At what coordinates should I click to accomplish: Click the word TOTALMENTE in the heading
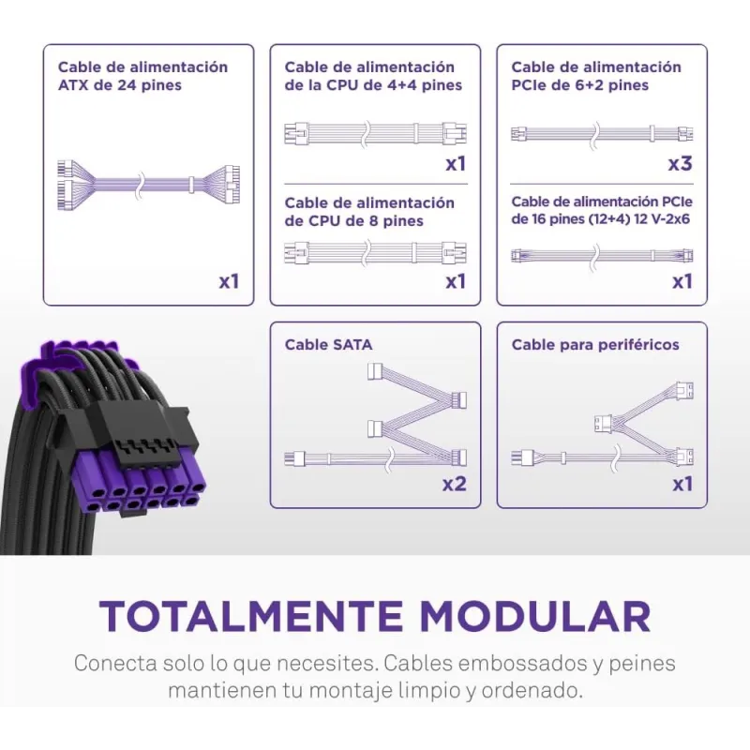click(x=251, y=616)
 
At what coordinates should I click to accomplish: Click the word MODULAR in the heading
click(x=534, y=616)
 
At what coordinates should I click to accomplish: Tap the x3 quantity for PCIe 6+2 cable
click(x=681, y=164)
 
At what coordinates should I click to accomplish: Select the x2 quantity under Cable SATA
click(x=454, y=484)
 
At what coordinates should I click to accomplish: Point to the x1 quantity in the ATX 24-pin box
click(x=229, y=282)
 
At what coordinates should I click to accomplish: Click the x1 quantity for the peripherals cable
click(x=682, y=484)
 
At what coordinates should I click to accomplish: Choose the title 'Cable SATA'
click(x=328, y=345)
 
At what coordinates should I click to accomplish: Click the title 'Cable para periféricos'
click(x=595, y=345)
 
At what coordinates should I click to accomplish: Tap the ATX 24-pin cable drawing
click(x=149, y=184)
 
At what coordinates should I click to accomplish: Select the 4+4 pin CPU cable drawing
click(x=376, y=133)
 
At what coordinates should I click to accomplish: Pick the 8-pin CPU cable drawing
click(x=376, y=252)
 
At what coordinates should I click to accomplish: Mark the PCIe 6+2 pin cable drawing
click(x=602, y=133)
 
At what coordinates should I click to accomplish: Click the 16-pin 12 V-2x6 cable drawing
click(x=602, y=255)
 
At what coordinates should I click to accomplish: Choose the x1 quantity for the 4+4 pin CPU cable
click(x=456, y=164)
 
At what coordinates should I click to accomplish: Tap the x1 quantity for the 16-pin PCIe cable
click(x=682, y=282)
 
